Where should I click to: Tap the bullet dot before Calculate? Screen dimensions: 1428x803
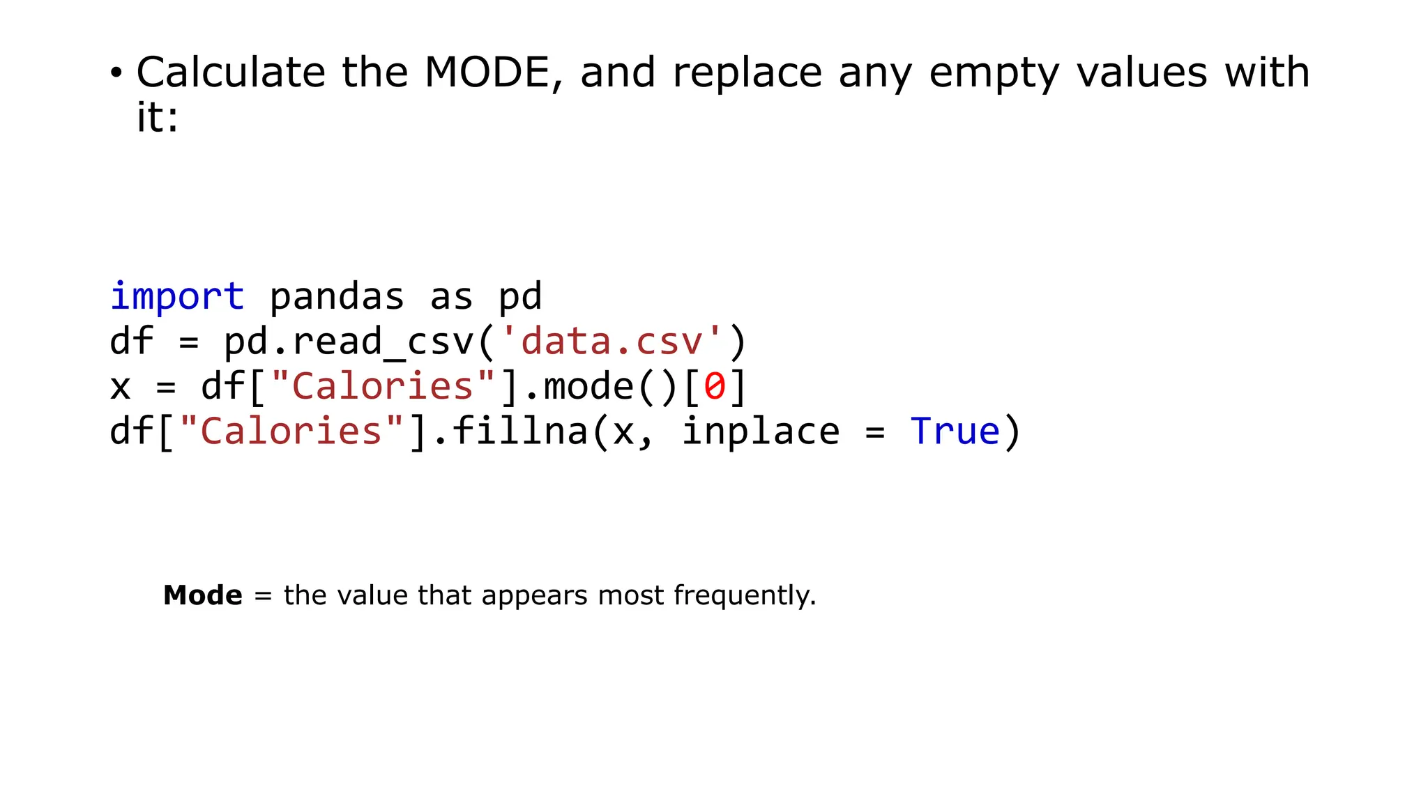click(116, 72)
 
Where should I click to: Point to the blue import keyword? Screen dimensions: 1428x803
click(177, 296)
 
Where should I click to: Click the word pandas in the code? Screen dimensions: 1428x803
click(337, 296)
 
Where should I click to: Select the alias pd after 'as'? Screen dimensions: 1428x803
click(520, 296)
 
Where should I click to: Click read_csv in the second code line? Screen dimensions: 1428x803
click(383, 342)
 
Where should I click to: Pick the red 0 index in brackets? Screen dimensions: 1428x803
click(715, 386)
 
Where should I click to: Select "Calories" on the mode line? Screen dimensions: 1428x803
click(383, 386)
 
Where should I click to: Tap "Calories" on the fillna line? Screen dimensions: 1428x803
click(291, 431)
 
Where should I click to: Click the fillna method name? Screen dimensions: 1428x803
click(519, 431)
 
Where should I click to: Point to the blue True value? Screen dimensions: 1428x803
click(955, 431)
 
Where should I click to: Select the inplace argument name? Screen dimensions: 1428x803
click(760, 431)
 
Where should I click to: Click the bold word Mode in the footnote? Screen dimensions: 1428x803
click(202, 595)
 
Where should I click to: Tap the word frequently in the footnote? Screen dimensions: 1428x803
click(745, 595)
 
